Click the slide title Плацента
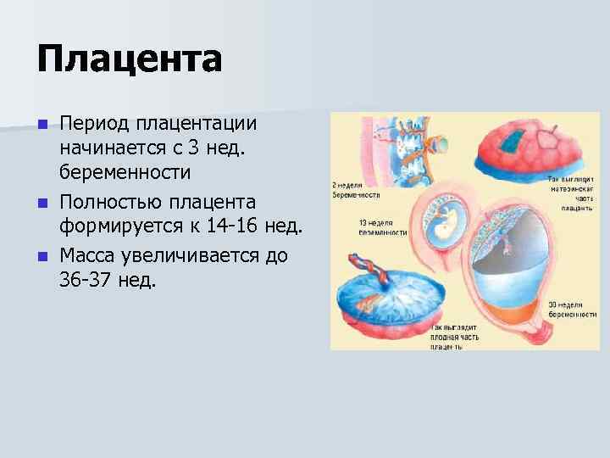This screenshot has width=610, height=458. (130, 59)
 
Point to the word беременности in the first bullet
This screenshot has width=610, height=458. (125, 172)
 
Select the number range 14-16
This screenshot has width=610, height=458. (247, 228)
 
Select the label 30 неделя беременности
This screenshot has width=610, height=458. (574, 309)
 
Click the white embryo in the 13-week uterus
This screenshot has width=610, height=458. (441, 225)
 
